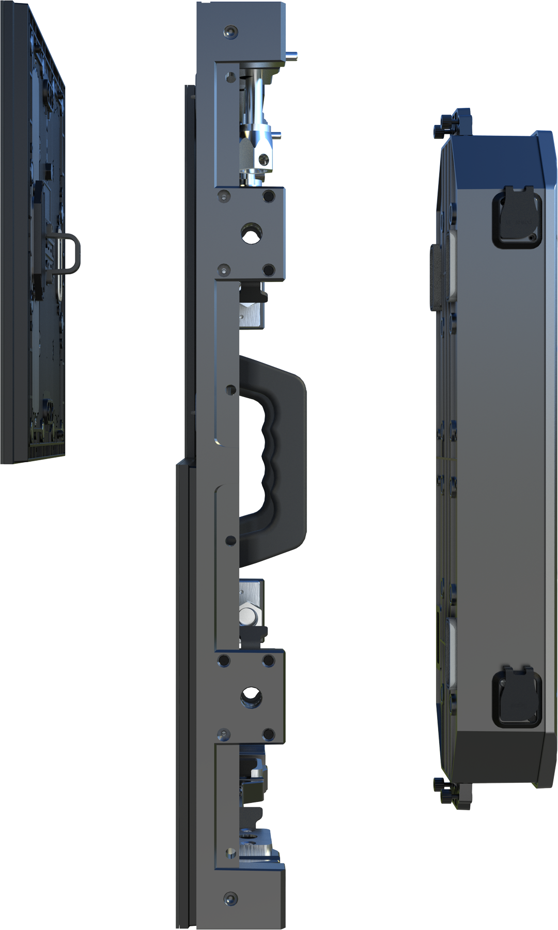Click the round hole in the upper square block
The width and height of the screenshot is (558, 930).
click(x=250, y=234)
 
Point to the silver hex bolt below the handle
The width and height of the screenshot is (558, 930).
click(x=250, y=617)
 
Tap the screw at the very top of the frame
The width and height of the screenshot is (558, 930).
click(x=229, y=32)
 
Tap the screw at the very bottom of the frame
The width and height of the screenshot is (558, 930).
click(x=229, y=899)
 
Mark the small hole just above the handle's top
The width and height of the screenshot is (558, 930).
click(x=230, y=389)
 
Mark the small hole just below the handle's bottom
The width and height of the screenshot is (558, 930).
click(x=230, y=541)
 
